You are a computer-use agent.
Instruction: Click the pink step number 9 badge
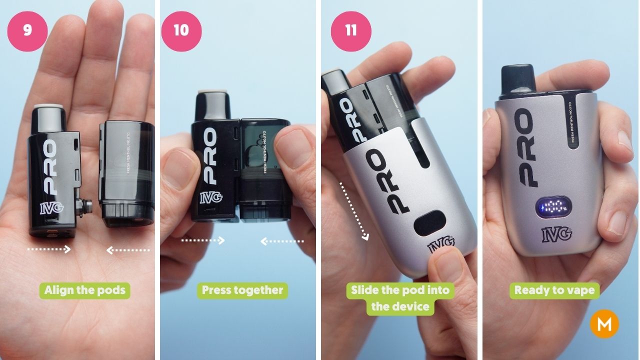point(27,30)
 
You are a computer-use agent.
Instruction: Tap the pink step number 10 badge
point(181,30)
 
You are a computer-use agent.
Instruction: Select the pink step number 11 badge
point(351,30)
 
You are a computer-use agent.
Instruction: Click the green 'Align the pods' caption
point(84,290)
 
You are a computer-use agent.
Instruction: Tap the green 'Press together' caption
point(242,290)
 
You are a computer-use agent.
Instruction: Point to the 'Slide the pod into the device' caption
point(400,298)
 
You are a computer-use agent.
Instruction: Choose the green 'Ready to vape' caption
point(554,290)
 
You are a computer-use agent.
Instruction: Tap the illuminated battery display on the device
point(554,207)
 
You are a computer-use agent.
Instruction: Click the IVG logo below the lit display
point(554,233)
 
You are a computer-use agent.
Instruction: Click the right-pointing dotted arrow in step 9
point(49,248)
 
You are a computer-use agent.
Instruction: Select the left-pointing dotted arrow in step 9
point(128,250)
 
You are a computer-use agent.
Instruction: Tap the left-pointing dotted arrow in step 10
point(282,241)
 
